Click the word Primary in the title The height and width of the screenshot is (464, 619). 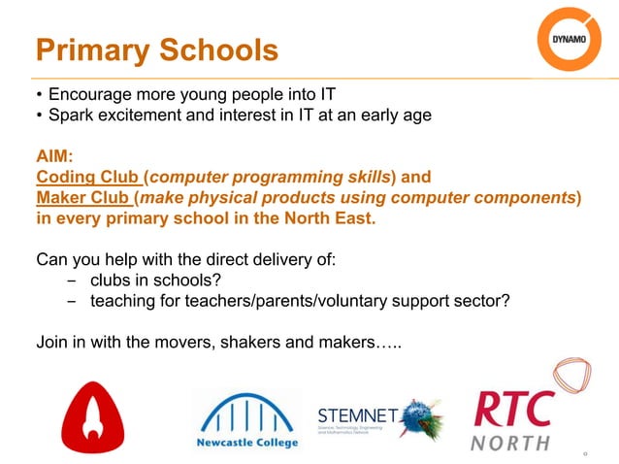pyautogui.click(x=96, y=50)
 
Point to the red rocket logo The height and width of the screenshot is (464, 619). pyautogui.click(x=92, y=412)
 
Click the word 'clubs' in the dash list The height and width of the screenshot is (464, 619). pyautogui.click(x=112, y=282)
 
